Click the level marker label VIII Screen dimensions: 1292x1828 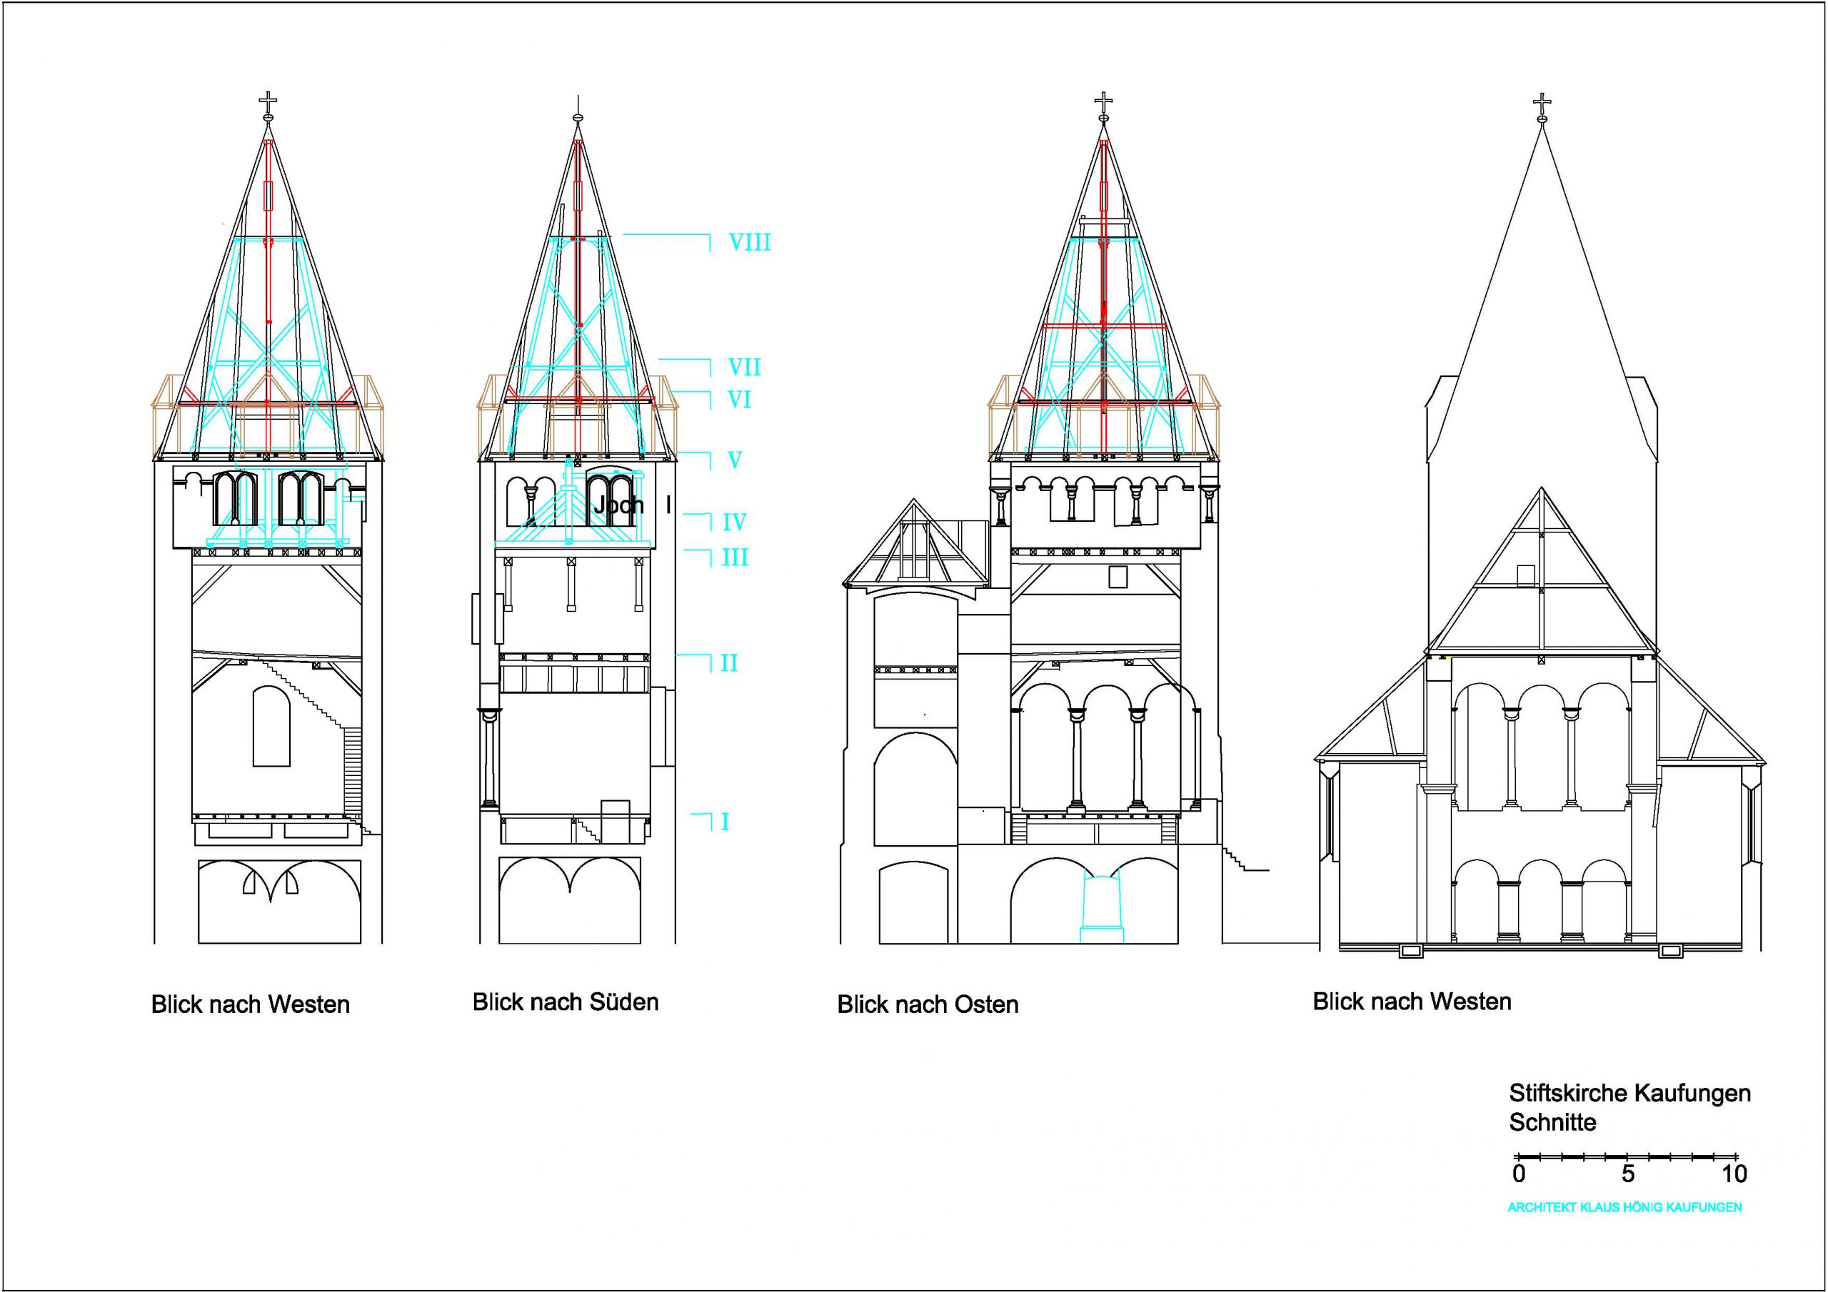click(749, 242)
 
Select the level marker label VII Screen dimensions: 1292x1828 click(745, 367)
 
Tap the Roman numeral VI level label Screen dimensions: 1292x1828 click(740, 400)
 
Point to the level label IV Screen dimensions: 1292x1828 click(734, 523)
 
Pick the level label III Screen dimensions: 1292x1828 click(734, 557)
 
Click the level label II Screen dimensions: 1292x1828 click(729, 663)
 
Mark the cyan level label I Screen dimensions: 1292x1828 click(725, 822)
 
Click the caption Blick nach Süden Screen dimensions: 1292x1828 click(566, 1002)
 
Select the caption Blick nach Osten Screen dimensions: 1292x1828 click(928, 1004)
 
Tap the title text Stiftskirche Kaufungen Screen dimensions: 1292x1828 click(1629, 1093)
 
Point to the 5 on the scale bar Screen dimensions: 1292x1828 click(1627, 1174)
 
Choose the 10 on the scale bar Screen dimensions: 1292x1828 click(1733, 1174)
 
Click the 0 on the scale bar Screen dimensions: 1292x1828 click(1519, 1174)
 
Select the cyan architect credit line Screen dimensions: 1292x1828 click(1624, 1208)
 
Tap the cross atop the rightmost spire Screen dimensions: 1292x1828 click(1542, 104)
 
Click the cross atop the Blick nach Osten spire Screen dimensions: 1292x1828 click(1103, 102)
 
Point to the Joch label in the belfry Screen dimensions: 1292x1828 click(618, 505)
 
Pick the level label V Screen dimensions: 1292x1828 click(734, 460)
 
